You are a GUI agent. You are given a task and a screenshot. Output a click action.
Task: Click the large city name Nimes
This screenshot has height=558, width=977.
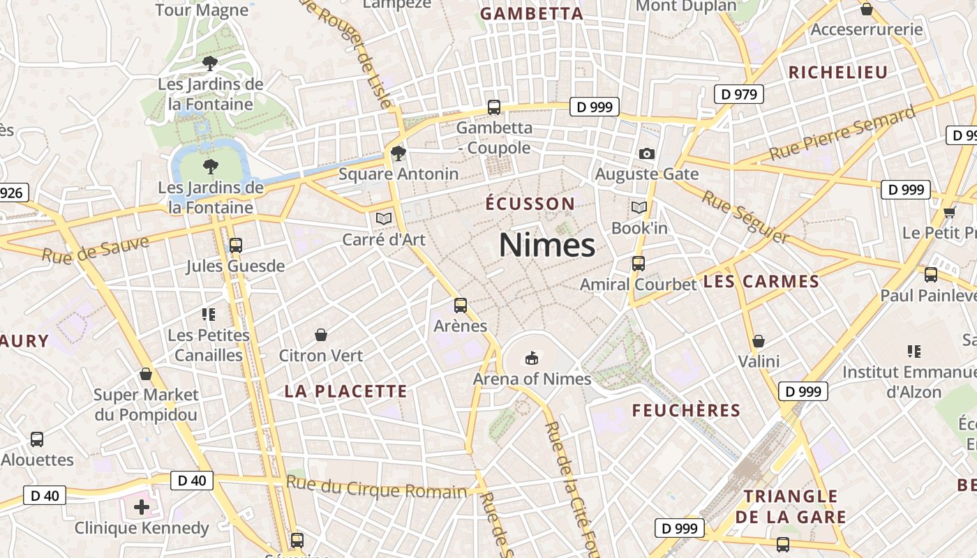click(547, 245)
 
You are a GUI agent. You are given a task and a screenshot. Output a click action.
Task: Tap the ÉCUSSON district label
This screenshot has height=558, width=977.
click(530, 204)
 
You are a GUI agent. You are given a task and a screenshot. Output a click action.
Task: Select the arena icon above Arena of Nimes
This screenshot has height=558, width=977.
click(532, 358)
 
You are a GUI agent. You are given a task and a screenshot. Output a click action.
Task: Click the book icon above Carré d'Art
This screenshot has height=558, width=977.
click(383, 218)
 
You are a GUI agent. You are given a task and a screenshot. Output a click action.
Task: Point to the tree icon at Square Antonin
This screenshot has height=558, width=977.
click(398, 153)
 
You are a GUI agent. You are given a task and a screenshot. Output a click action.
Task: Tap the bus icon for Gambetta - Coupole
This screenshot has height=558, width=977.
click(494, 107)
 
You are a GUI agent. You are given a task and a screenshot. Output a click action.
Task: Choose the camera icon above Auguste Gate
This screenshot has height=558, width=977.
click(647, 153)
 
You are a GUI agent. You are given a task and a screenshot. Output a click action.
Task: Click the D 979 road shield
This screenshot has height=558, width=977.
click(739, 94)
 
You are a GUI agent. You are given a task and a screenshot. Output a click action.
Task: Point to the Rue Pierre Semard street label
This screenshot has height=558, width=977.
click(842, 133)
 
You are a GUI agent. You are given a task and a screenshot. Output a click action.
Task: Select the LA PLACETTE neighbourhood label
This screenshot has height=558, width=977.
click(345, 391)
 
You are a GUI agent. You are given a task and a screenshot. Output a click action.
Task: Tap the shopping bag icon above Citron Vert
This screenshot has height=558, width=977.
click(321, 335)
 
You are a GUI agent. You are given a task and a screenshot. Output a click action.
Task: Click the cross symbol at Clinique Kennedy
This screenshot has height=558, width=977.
click(142, 507)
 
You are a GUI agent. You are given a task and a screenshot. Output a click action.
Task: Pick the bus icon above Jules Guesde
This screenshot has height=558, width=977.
click(236, 245)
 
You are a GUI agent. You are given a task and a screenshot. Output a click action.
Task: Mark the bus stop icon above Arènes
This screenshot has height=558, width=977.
click(461, 305)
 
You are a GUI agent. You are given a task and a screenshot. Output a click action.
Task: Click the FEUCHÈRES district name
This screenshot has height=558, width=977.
click(686, 410)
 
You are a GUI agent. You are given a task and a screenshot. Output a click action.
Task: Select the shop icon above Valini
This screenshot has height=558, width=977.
click(759, 341)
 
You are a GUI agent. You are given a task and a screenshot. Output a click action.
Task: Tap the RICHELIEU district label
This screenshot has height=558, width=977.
click(837, 73)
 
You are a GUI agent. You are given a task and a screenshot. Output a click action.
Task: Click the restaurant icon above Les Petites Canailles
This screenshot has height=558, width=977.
click(209, 315)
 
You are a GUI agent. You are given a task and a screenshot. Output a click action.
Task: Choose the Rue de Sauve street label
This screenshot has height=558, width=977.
click(96, 249)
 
